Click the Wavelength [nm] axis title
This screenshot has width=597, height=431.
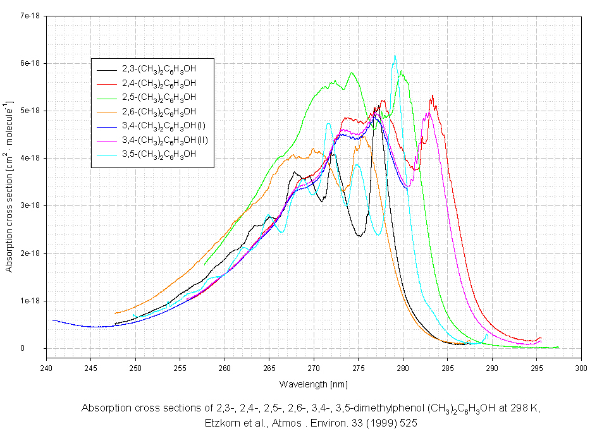(314, 384)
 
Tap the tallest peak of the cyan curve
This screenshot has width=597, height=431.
(395, 56)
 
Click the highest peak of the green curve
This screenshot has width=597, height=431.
(352, 73)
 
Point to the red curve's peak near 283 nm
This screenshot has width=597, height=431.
(432, 95)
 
